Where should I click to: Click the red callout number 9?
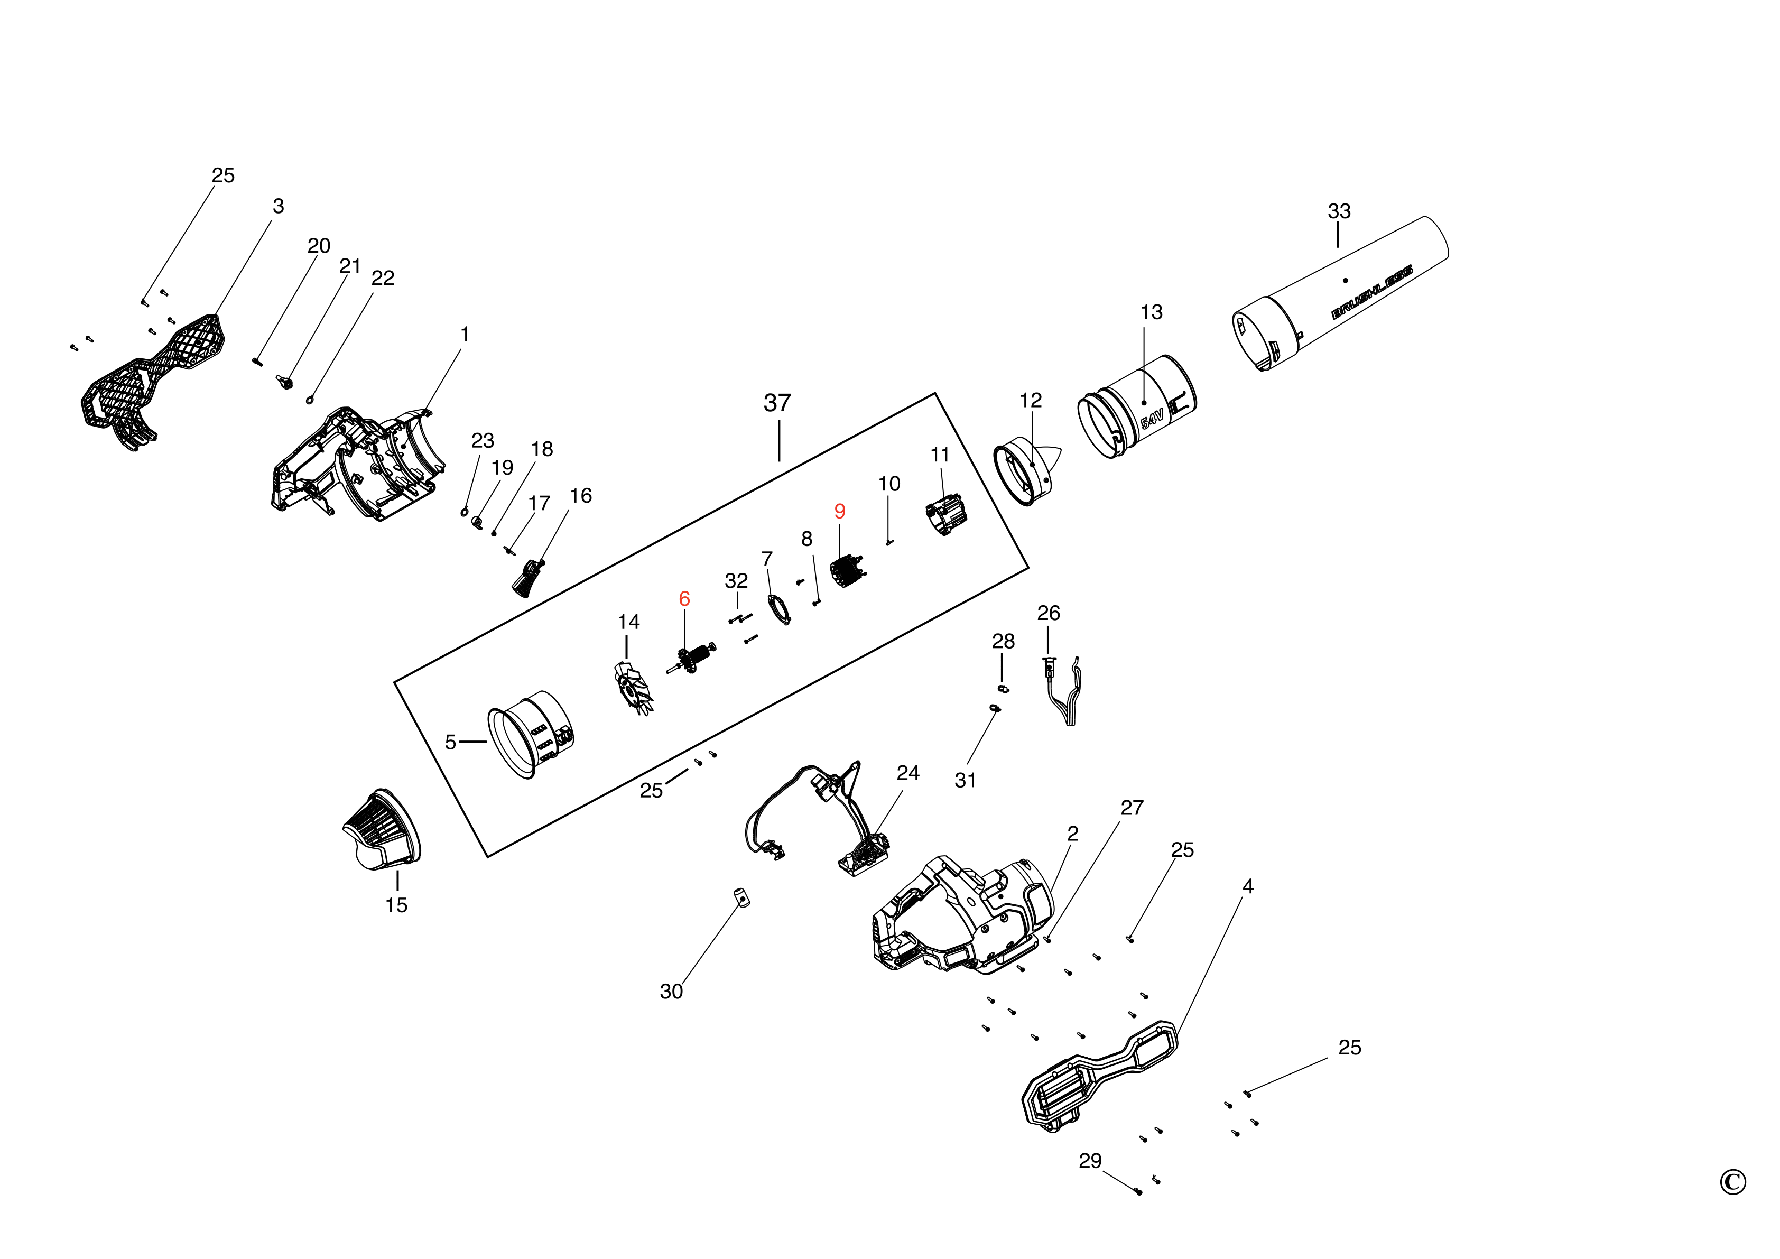tap(840, 512)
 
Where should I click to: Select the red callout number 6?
tap(684, 598)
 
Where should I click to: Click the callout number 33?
tap(1339, 211)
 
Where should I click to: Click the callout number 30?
tap(671, 992)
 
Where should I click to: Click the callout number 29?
tap(1089, 1161)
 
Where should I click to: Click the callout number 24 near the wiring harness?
tap(908, 773)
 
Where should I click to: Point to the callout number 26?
tap(1048, 613)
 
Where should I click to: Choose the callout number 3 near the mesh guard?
tap(279, 206)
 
